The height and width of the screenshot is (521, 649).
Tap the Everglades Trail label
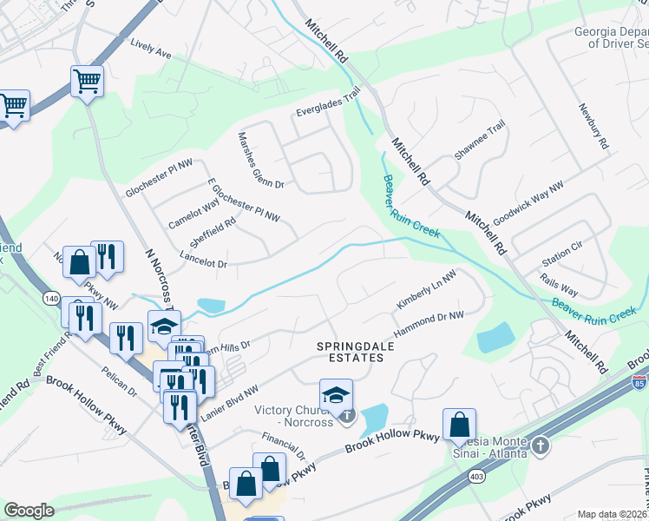point(327,110)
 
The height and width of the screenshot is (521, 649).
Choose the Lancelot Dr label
point(202,259)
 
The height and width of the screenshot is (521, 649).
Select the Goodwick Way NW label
point(528,202)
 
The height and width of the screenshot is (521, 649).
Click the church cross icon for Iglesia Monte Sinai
point(540,445)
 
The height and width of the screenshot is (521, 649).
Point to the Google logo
point(29,511)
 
